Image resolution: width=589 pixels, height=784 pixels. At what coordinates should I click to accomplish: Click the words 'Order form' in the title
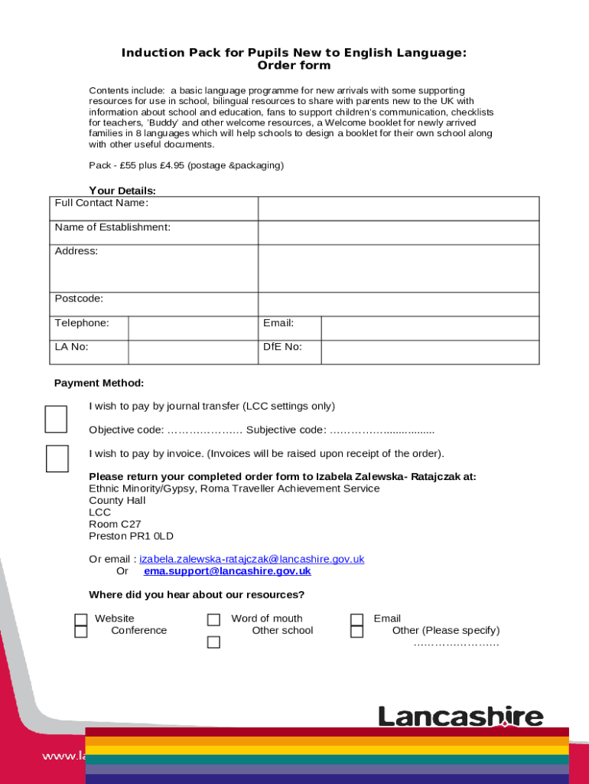(294, 65)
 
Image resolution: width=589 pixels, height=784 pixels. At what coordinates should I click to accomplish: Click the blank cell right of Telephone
(193, 328)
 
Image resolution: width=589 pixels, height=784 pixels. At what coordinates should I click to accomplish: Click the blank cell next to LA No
(193, 351)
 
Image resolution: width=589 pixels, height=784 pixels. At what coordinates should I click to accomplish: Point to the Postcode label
(79, 299)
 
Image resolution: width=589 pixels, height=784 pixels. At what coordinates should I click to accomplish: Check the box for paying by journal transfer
(56, 419)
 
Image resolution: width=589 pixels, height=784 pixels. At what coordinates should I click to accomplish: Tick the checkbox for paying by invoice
(57, 458)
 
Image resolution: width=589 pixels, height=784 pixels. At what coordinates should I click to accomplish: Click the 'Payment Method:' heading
(99, 384)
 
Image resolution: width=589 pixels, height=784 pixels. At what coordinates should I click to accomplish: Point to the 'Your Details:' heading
(122, 191)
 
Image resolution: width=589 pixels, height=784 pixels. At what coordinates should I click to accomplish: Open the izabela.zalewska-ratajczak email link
(252, 560)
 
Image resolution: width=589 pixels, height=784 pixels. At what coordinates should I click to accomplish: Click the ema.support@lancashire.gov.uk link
(227, 571)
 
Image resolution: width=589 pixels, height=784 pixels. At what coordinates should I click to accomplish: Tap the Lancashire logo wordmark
(460, 717)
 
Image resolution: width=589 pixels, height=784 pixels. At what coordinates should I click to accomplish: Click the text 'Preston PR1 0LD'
(131, 536)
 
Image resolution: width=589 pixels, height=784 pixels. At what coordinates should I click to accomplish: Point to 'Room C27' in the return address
(115, 524)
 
